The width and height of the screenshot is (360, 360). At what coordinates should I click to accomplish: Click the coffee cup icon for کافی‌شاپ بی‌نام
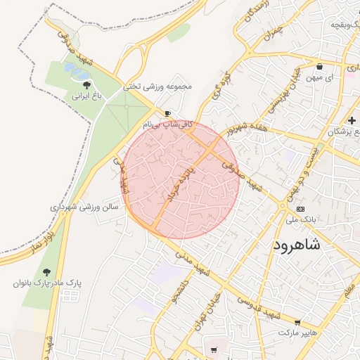pyautogui.click(x=167, y=113)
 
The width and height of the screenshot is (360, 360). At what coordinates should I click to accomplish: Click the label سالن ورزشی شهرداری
pyautogui.click(x=82, y=207)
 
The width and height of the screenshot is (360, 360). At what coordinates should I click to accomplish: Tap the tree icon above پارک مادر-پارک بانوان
pyautogui.click(x=47, y=271)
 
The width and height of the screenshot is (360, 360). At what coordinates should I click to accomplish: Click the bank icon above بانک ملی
pyautogui.click(x=301, y=209)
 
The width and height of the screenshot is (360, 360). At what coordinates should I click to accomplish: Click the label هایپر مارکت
pyautogui.click(x=298, y=331)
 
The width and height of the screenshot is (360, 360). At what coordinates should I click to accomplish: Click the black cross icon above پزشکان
pyautogui.click(x=352, y=120)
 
